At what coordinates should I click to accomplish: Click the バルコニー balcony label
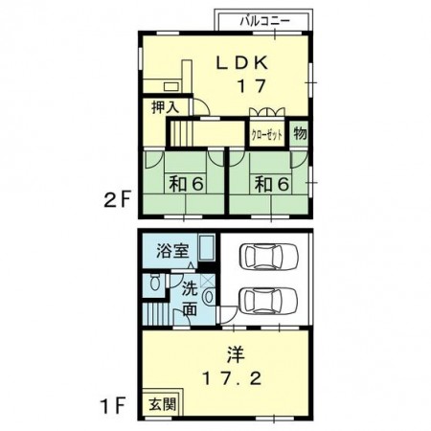[265, 21]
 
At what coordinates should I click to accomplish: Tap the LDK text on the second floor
[242, 63]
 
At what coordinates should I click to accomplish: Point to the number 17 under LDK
[252, 85]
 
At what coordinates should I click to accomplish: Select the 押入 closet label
[165, 107]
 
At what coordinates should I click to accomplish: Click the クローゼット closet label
[267, 135]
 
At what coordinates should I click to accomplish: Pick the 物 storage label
[300, 133]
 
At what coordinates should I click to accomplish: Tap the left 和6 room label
[186, 184]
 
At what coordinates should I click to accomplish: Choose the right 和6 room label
[272, 184]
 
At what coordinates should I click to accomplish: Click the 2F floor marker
[117, 201]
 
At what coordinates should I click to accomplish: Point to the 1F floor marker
[112, 405]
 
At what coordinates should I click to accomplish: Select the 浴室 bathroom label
[172, 251]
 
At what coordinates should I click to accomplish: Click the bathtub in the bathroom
[206, 248]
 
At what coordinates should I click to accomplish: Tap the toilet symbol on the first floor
[155, 282]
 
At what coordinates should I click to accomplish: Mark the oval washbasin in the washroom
[209, 297]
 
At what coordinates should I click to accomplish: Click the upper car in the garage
[269, 257]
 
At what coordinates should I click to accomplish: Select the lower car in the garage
[268, 301]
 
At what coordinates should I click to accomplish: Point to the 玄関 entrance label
[163, 404]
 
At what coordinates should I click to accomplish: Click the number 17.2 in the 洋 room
[232, 379]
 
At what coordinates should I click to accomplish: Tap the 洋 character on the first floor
[236, 355]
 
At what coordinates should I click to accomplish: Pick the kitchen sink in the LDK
[171, 86]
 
